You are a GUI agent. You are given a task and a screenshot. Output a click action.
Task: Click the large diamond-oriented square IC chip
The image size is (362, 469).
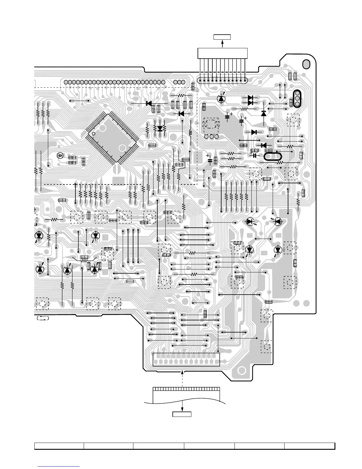(x=113, y=137)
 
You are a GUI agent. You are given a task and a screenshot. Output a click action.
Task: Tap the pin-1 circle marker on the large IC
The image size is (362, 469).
(x=94, y=134)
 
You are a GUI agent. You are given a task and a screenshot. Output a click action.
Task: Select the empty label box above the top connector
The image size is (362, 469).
(x=222, y=37)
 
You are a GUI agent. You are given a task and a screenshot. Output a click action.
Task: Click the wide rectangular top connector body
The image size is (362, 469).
(x=222, y=53)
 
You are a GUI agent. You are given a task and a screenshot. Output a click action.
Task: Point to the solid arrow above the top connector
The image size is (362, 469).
(x=222, y=44)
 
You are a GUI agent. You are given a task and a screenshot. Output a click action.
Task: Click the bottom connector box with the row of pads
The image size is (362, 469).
(x=186, y=359)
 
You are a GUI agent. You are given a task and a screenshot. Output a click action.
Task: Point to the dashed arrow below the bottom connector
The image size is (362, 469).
(x=182, y=378)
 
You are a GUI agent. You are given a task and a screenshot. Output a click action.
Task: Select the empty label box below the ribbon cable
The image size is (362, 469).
(x=182, y=414)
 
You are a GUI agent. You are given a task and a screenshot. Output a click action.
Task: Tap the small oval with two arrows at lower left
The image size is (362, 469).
(x=43, y=318)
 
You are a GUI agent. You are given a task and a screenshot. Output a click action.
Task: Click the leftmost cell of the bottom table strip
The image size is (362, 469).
(x=59, y=446)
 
